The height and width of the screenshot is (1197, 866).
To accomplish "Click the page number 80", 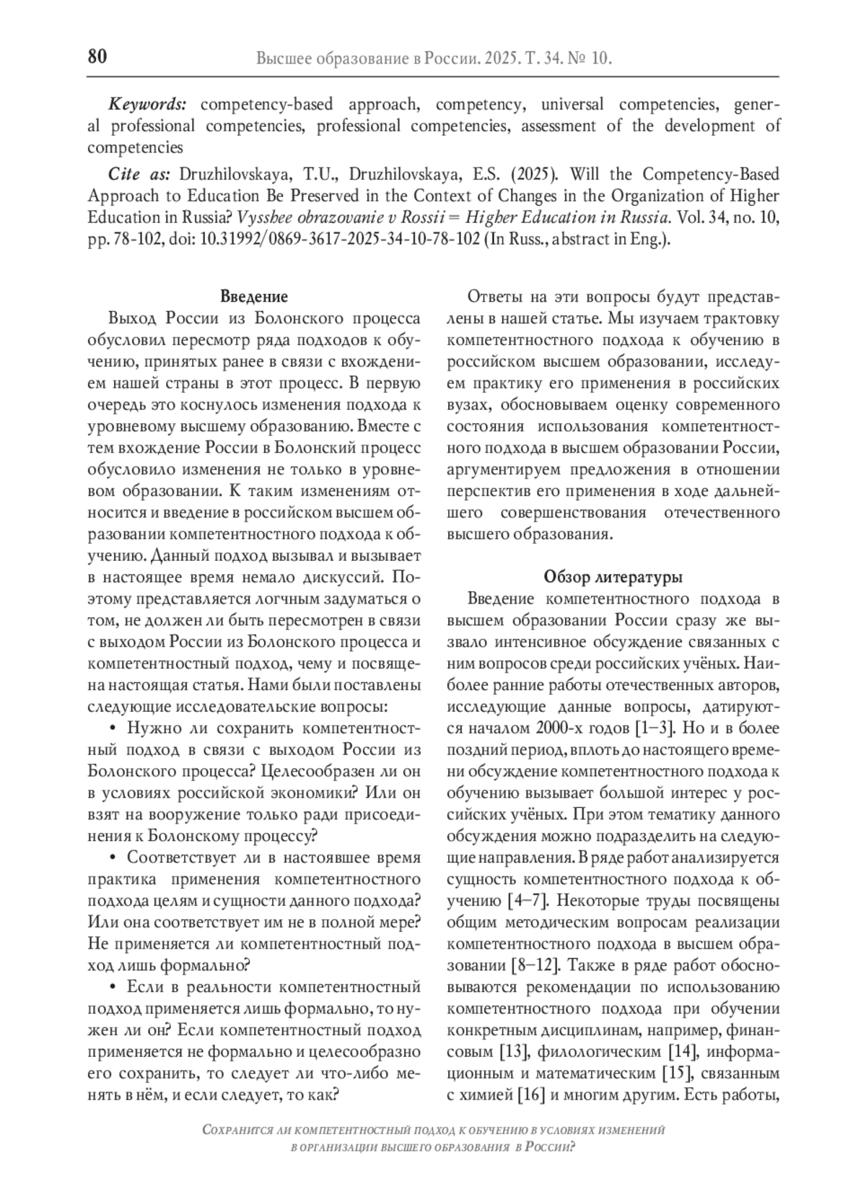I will click(x=97, y=57).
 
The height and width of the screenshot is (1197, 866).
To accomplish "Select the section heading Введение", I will click(x=253, y=297).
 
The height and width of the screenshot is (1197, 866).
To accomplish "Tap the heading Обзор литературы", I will click(x=613, y=577).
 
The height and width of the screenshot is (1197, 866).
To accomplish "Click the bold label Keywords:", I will click(x=147, y=104).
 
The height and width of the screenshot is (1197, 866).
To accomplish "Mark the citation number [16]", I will click(x=530, y=1094).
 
